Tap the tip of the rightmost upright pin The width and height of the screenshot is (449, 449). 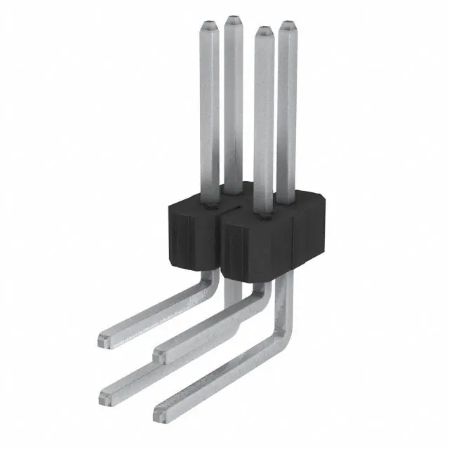287,26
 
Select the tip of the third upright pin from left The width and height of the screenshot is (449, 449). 263,31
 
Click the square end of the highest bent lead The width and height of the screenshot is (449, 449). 103,340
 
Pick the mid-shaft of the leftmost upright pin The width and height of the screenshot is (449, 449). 209,112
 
